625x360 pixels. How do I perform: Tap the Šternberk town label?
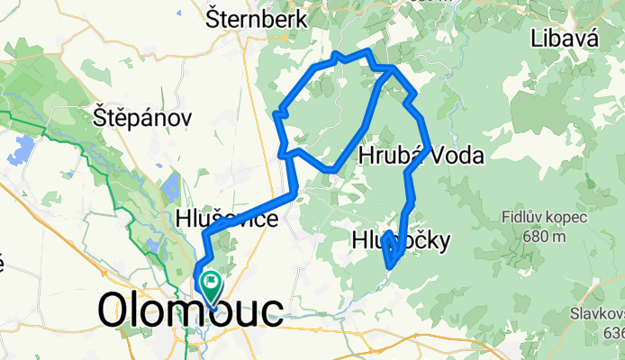pos(257,19)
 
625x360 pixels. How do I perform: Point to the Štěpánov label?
pos(143,117)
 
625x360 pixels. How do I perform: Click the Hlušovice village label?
pos(227,218)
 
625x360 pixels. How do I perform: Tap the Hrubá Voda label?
pos(421,156)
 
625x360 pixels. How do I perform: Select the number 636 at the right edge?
pos(615,333)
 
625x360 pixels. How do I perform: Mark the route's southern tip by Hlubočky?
pos(390,265)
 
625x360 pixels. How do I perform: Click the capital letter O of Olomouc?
pos(114,311)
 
